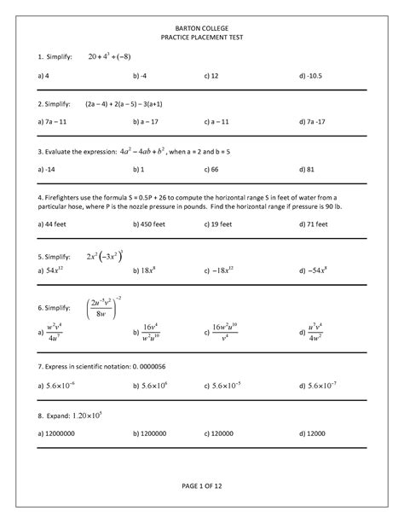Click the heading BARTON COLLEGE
202,28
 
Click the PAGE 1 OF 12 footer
202,485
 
